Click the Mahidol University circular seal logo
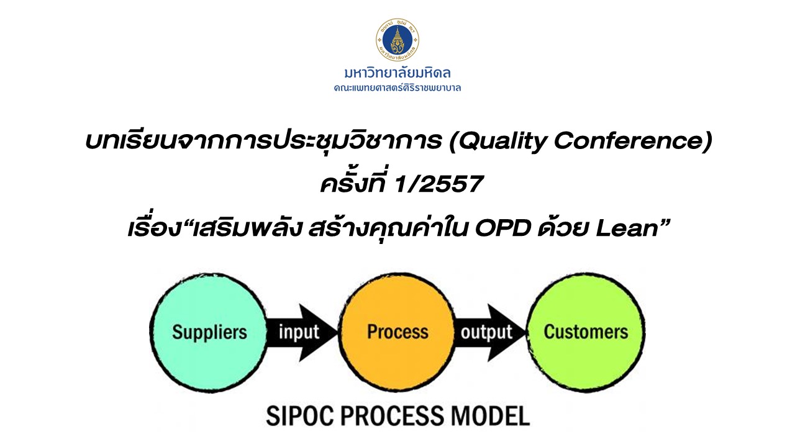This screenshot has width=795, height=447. tap(397, 40)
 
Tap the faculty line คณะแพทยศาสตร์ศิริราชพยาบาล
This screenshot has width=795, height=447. tap(397, 88)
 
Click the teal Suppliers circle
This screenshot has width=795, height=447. tap(209, 332)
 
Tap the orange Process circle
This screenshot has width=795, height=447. tap(397, 332)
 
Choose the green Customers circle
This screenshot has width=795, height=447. tap(586, 332)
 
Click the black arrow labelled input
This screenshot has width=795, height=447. tap(301, 332)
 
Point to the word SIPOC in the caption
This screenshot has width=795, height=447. tap(298, 415)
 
